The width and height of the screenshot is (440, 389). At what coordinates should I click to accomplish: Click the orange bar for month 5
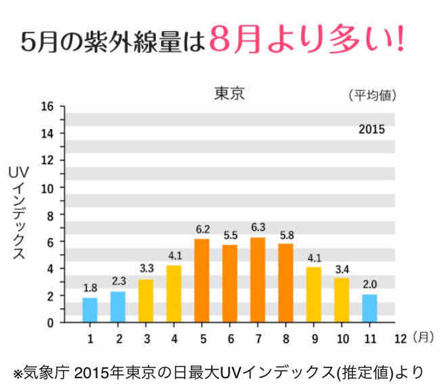tap(202, 280)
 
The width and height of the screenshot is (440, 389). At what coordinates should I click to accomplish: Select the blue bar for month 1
tap(90, 309)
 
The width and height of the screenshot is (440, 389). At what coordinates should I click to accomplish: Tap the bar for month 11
tap(370, 307)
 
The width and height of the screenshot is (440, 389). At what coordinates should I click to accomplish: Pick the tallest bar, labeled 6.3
tap(257, 279)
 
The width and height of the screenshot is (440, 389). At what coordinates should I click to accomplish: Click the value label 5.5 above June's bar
tap(229, 236)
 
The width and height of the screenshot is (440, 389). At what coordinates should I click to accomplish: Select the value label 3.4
tap(342, 269)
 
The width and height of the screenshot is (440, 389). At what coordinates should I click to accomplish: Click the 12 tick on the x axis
tap(400, 339)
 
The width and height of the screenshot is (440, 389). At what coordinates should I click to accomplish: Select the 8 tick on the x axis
tap(286, 339)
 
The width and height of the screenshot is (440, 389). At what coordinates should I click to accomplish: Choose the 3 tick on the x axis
tap(146, 339)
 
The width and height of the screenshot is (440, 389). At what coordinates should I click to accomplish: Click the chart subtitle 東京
tap(229, 94)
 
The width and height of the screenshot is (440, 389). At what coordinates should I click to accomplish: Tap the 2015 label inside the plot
tap(372, 129)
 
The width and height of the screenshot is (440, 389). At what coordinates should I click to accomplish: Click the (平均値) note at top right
tap(372, 95)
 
